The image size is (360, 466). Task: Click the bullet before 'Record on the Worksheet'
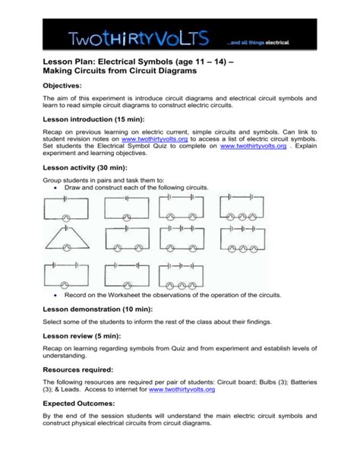tap(58, 294)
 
